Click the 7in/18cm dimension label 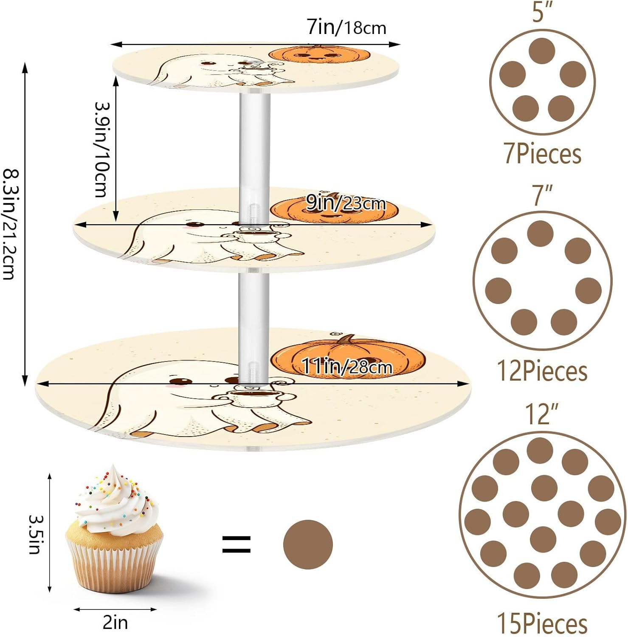346,28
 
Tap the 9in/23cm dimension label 346,203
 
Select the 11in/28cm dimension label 346,366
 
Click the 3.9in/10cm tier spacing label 101,149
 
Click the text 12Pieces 542,371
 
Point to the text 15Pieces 542,623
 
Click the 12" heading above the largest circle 542,414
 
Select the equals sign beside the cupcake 237,544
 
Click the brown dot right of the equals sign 308,544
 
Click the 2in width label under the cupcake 115,623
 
